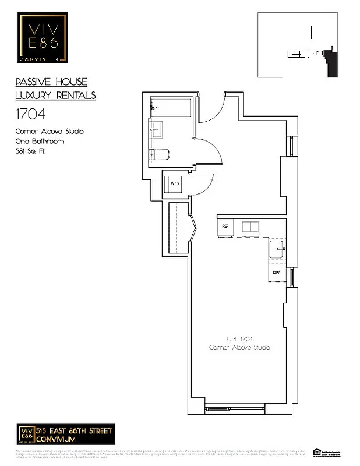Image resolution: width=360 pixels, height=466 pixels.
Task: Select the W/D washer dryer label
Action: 175,184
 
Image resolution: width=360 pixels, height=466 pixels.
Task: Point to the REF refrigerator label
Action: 224,226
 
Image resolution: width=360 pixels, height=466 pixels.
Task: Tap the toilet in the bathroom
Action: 159,154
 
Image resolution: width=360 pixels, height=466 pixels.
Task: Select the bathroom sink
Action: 156,130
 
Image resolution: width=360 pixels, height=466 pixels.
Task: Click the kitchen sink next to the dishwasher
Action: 277,249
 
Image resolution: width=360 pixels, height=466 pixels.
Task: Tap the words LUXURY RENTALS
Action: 55,96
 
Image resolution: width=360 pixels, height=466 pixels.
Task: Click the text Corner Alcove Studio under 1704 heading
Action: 50,132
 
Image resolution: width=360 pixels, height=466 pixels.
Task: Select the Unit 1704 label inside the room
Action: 239,339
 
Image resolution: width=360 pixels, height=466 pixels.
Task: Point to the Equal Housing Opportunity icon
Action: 317,451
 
